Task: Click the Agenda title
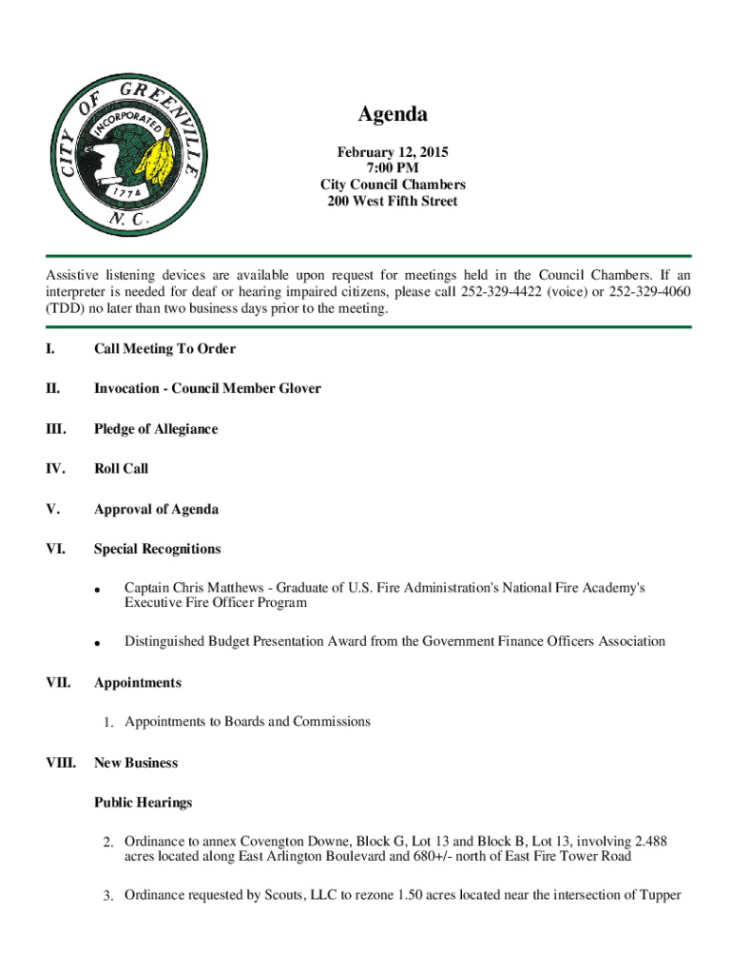(393, 115)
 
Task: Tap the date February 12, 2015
(393, 152)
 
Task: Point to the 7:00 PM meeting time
(393, 168)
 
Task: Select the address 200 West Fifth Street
(393, 201)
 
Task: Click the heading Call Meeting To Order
(164, 349)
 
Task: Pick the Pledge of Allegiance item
(156, 429)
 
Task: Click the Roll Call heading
(121, 469)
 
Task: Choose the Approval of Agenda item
(156, 509)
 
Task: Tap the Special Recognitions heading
(157, 549)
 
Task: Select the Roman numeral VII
(58, 683)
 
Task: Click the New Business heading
(136, 763)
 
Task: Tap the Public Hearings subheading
(143, 803)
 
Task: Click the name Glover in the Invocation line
(299, 389)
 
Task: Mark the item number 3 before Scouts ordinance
(109, 896)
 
